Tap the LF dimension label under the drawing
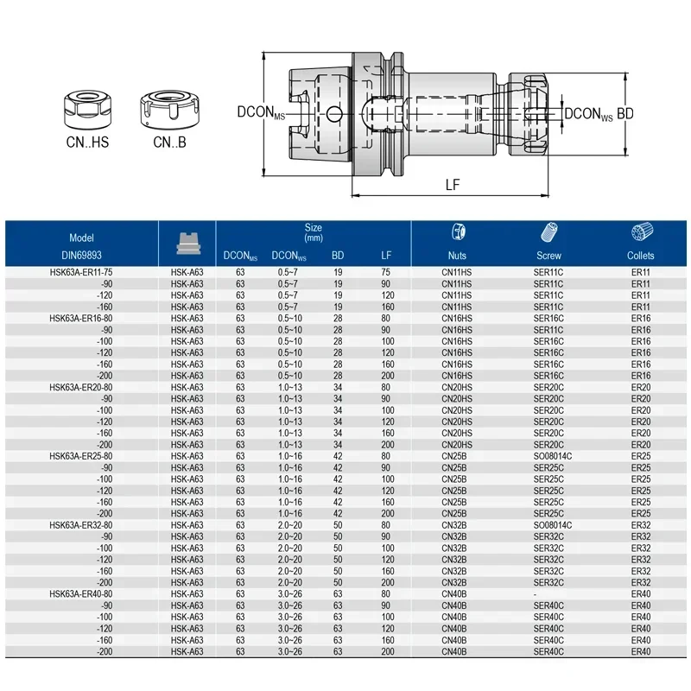(x=453, y=183)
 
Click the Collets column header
(x=640, y=255)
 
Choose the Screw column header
(x=548, y=255)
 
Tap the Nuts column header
(x=457, y=255)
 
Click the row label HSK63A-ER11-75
(x=80, y=272)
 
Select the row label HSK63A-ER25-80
(x=80, y=456)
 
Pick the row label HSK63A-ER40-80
(x=80, y=594)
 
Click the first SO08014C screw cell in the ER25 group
(x=548, y=456)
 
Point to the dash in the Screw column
(x=536, y=594)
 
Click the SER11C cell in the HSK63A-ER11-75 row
(x=548, y=272)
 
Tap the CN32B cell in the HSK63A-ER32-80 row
(x=457, y=525)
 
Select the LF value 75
(x=386, y=272)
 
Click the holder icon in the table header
(x=187, y=243)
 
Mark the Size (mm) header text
(x=314, y=231)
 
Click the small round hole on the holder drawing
(x=335, y=111)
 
